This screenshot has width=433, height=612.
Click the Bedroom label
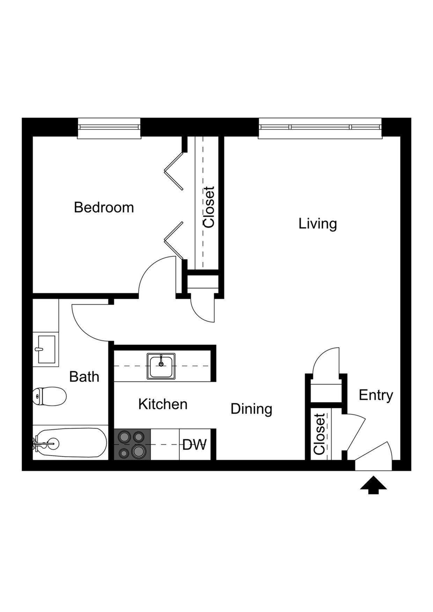[104, 208]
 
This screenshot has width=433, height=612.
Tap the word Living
[317, 224]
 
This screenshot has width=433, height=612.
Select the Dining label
[251, 409]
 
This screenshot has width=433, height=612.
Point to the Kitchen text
[163, 404]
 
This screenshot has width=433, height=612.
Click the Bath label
[84, 377]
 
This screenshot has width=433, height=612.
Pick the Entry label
[376, 395]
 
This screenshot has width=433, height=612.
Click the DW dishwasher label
[195, 445]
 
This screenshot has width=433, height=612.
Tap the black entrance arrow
[373, 485]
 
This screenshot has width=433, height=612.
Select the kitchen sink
[161, 366]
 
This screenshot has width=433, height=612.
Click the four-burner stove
[132, 444]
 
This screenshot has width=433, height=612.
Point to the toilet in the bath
[50, 396]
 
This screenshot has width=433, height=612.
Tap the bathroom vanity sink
[46, 349]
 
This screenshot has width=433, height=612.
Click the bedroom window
[109, 128]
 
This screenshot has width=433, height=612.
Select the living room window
[320, 128]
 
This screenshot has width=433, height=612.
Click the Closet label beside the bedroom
[209, 207]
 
